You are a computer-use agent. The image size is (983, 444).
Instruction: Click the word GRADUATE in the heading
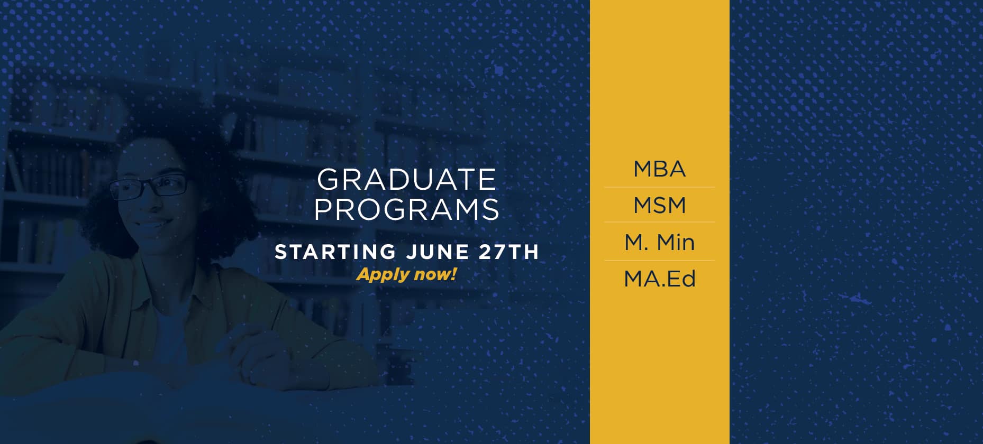406,180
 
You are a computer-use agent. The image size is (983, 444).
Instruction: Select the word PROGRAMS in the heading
406,209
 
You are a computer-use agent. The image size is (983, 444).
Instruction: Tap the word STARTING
335,252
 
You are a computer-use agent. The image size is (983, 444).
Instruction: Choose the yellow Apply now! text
406,274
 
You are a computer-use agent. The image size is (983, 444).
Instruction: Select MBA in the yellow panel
659,169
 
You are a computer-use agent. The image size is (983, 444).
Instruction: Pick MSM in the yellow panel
659,205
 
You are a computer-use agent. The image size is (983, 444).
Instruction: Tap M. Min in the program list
659,242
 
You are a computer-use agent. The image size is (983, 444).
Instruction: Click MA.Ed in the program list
659,279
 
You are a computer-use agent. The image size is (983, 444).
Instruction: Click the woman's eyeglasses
149,187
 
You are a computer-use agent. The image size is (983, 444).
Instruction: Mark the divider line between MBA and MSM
659,187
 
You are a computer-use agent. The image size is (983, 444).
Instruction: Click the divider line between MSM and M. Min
659,222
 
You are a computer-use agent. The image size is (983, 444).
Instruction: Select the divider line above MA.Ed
659,260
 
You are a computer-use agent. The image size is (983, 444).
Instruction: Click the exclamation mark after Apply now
453,274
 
